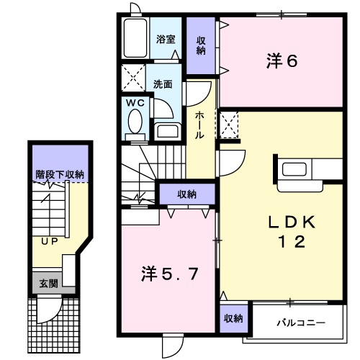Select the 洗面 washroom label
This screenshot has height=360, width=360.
[163, 83]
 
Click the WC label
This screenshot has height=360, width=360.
[135, 103]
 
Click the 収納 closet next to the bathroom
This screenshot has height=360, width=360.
[202, 45]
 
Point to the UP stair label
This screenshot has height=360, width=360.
[48, 240]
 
